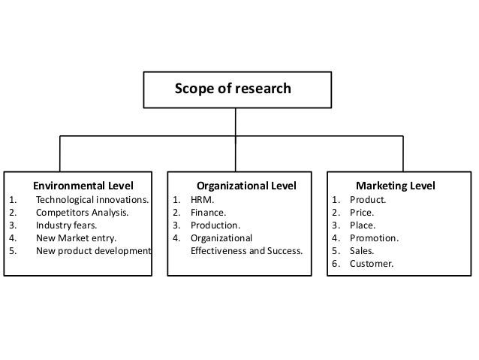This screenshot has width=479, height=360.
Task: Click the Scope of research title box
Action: pyautogui.click(x=236, y=89)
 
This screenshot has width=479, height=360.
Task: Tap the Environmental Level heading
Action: pyautogui.click(x=83, y=186)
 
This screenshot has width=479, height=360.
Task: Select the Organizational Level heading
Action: pyautogui.click(x=246, y=186)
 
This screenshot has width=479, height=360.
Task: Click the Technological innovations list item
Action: pyautogui.click(x=92, y=200)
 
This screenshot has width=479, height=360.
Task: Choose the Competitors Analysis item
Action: pyautogui.click(x=82, y=213)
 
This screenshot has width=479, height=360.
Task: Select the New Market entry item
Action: pyautogui.click(x=76, y=237)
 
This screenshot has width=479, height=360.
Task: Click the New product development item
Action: pyautogui.click(x=93, y=250)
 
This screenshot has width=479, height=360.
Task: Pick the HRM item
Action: pyautogui.click(x=201, y=200)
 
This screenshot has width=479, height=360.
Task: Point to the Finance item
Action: pyautogui.click(x=207, y=213)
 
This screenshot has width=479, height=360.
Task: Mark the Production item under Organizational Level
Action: pyautogui.click(x=215, y=225)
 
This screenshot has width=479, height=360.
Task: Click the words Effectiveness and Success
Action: pyautogui.click(x=246, y=250)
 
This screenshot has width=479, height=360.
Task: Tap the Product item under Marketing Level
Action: pyautogui.click(x=368, y=200)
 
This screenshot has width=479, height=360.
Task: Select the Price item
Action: pyautogui.click(x=363, y=213)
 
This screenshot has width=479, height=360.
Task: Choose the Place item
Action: pyautogui.click(x=363, y=225)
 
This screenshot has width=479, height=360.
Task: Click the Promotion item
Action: pyautogui.click(x=374, y=237)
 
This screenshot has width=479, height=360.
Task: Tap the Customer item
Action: pyautogui.click(x=371, y=263)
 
